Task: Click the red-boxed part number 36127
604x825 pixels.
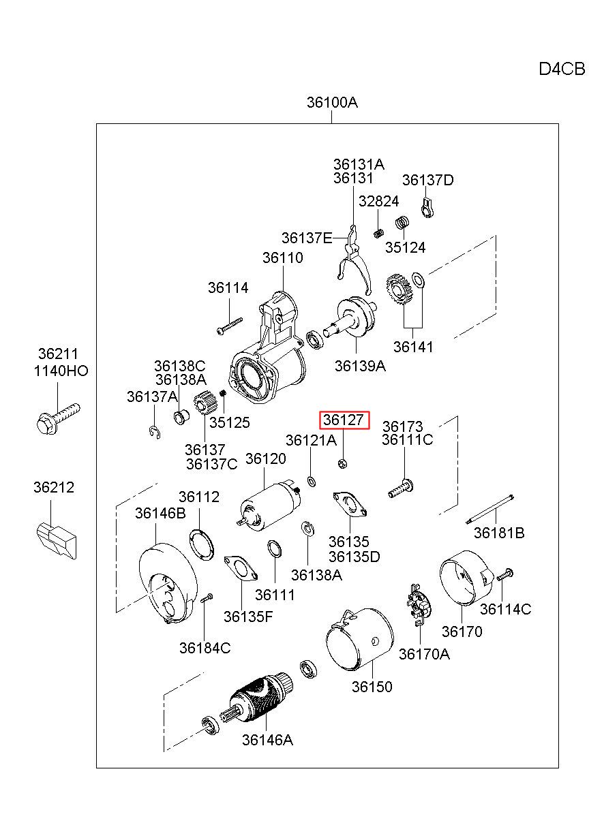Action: tap(343, 420)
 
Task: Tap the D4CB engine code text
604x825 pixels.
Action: tap(562, 69)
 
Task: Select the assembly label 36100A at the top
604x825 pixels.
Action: tap(332, 102)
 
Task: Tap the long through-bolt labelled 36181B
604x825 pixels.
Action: tap(489, 510)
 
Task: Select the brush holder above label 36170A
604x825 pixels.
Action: tap(420, 605)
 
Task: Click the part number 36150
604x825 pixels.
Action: tap(372, 687)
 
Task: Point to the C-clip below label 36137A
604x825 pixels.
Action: tap(155, 432)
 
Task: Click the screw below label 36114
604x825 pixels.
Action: tap(230, 326)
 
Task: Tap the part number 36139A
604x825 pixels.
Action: tap(360, 366)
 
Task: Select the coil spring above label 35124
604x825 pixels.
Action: tap(403, 222)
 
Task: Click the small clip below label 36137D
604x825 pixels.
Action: tap(427, 208)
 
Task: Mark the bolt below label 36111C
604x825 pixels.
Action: tap(401, 488)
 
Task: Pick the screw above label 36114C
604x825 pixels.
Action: tap(504, 574)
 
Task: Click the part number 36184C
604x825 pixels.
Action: tap(205, 648)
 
